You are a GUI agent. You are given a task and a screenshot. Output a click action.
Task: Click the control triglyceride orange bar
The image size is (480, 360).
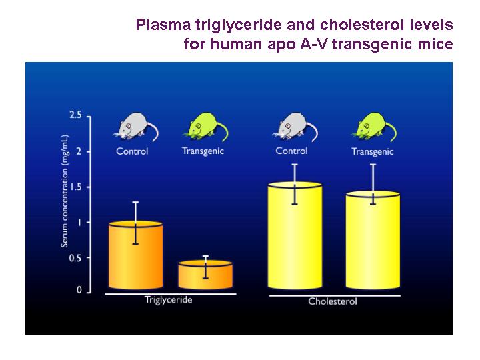135,255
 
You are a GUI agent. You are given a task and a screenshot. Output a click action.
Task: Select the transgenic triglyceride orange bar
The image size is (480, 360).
205,275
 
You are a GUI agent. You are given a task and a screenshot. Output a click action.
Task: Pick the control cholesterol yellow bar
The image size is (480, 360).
295,235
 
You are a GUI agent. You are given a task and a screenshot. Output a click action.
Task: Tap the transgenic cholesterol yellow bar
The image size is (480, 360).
373,240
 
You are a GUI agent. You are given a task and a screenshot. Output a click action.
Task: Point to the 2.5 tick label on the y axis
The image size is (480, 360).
75,115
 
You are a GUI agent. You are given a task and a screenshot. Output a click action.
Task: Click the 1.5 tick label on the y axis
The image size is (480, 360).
76,187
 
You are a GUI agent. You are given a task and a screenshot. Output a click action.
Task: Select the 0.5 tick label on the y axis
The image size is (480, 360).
75,258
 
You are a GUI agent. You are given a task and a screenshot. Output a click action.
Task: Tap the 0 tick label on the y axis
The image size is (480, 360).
79,289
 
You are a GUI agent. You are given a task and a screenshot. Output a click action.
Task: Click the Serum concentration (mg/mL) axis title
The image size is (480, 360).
64,191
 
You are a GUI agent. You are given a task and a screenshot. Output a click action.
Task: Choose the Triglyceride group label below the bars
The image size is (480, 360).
169,300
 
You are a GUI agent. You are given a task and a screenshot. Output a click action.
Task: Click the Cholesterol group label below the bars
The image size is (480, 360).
333,301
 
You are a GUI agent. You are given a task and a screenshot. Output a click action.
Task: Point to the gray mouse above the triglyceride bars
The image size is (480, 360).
136,127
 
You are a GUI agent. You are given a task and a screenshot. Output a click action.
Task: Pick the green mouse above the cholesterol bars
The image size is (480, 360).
374,127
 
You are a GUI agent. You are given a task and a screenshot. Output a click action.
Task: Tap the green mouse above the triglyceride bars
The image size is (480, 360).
206,127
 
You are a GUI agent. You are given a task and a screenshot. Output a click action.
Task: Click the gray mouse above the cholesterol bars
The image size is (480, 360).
295,127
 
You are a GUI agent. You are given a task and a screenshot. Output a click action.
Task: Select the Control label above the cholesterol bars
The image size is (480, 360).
291,151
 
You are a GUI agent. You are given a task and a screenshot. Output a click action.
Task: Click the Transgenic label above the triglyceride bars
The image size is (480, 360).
203,151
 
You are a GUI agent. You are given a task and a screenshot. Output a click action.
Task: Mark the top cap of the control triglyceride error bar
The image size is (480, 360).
135,202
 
